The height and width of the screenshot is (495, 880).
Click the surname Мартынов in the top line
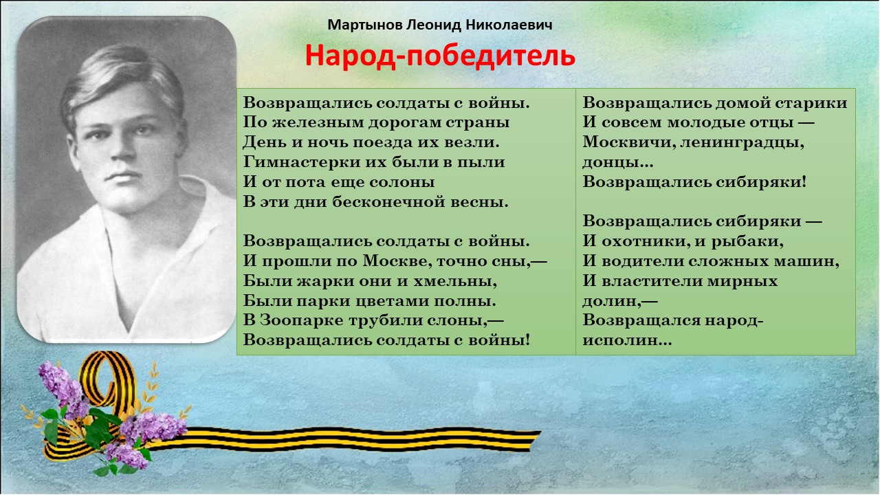pos(365,25)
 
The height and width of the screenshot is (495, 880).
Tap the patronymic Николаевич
pos(509,25)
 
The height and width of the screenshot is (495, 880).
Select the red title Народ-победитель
pos(440,56)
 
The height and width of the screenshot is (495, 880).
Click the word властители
pos(645,281)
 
